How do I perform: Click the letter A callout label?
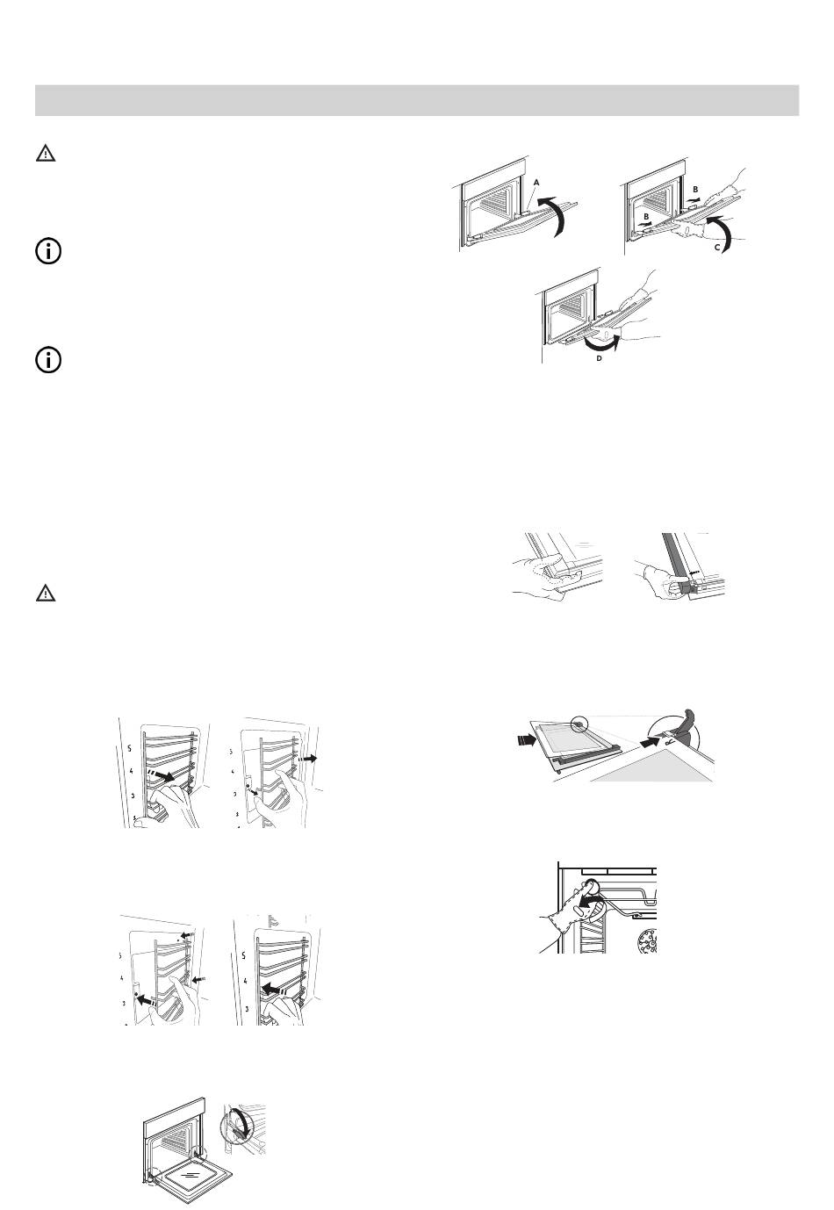(536, 183)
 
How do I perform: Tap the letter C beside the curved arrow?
(717, 247)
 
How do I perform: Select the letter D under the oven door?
(599, 358)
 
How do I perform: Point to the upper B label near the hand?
(695, 189)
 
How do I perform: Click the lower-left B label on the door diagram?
(646, 217)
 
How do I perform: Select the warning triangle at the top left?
(46, 154)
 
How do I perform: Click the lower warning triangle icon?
(46, 593)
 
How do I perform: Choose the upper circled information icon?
(48, 251)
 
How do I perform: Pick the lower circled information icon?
(48, 360)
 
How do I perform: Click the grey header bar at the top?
(417, 100)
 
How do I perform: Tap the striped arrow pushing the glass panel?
(525, 741)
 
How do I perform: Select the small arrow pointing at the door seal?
(697, 569)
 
